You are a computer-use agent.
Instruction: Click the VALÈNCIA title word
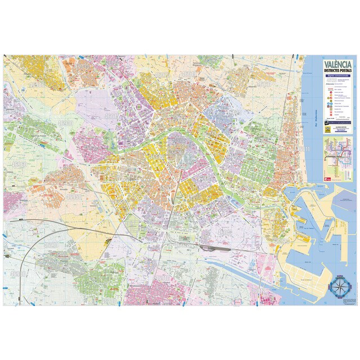pos(336,65)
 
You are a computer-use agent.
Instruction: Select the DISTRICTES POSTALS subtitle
pos(336,71)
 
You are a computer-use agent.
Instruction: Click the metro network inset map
pos(337,152)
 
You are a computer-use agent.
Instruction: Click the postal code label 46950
pos(73,198)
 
